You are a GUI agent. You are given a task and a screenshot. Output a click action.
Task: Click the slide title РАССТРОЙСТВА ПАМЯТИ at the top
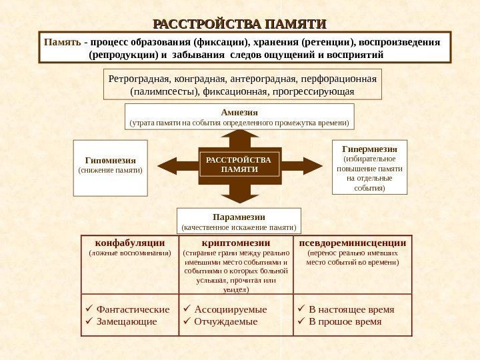pos(240,25)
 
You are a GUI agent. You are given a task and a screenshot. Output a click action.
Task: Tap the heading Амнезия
pos(239,112)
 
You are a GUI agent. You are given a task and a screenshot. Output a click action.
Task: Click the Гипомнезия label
pos(110,161)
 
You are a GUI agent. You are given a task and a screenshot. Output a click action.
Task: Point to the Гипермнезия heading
pos(369,149)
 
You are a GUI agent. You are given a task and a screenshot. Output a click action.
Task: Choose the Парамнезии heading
pos(239,217)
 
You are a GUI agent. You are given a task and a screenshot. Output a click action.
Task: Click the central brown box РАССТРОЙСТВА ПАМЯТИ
pos(239,165)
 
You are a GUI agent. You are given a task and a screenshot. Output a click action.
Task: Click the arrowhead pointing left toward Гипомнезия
pos(167,165)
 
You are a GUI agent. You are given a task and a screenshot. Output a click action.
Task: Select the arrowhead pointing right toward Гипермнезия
pos(312,165)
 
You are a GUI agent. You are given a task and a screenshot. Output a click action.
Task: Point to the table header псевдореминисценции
pos(353,243)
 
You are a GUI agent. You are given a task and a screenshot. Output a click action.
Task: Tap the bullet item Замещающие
pos(127,321)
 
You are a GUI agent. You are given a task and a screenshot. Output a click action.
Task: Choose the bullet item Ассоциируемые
pos(230,309)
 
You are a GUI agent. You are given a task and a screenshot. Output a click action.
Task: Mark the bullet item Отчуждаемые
pos(225,321)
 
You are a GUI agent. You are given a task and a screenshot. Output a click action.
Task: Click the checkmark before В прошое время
pos(301,321)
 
